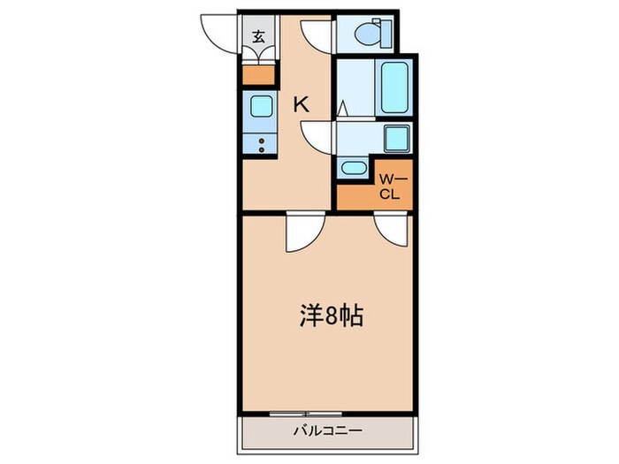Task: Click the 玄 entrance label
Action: (259, 37)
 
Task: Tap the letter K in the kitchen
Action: (302, 104)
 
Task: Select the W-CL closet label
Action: (390, 187)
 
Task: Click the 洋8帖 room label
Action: (329, 316)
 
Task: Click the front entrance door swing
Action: (221, 36)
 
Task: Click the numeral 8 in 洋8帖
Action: (329, 316)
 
